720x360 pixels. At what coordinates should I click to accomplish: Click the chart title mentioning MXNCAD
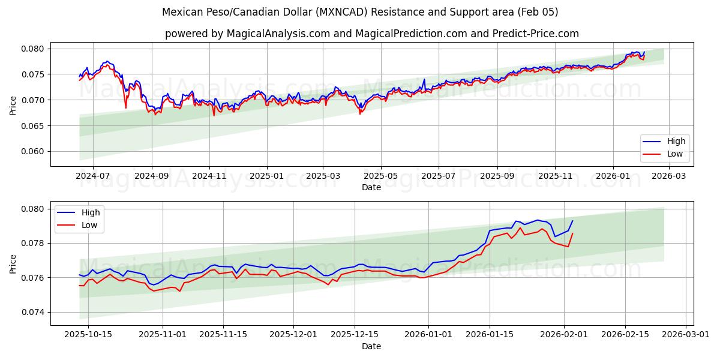(360, 12)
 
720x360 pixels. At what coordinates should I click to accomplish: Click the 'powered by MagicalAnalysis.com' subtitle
(372, 34)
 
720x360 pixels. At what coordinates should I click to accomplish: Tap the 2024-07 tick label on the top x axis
(93, 176)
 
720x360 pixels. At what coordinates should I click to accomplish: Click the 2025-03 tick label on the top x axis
(323, 176)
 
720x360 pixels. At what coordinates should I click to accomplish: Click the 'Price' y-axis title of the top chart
(13, 104)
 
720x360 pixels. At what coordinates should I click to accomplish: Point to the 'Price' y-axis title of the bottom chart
(13, 263)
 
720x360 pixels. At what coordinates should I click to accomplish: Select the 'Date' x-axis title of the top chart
(371, 187)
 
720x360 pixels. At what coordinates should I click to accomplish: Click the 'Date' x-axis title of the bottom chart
(371, 346)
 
